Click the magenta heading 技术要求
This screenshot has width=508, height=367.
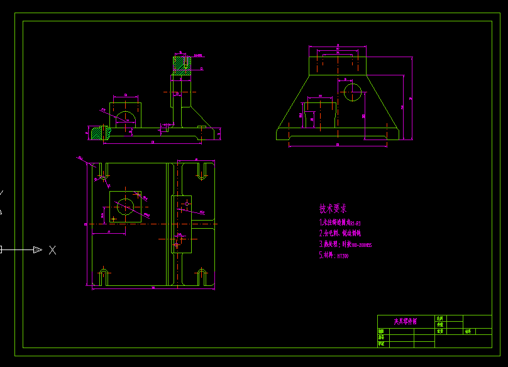click(333, 208)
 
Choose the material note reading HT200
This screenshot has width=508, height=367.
click(334, 256)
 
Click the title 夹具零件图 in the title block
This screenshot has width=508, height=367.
click(406, 321)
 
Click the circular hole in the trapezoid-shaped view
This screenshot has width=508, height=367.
click(352, 93)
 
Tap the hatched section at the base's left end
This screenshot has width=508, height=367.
click(98, 133)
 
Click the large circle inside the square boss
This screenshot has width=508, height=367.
click(125, 207)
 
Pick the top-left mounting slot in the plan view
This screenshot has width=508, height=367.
click(102, 172)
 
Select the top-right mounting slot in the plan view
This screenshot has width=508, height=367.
click(202, 171)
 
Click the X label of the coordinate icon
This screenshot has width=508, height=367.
click(53, 250)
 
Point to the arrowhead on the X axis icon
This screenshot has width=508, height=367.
click(37, 250)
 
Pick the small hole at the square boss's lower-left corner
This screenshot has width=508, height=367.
click(113, 219)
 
